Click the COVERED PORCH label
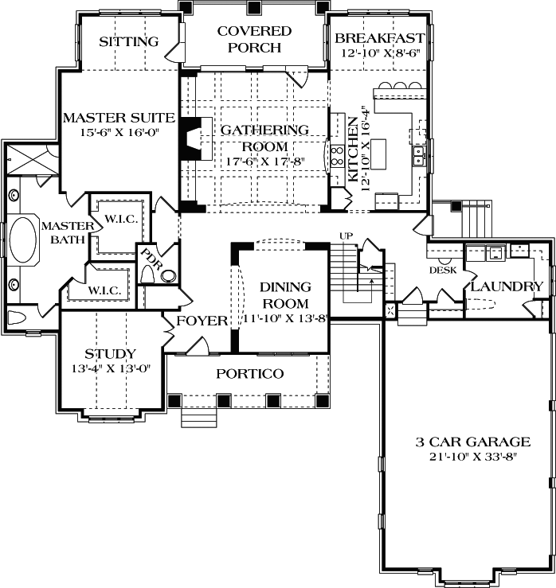point(254,39)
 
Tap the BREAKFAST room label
point(379,38)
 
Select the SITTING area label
point(129,41)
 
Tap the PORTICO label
point(250,374)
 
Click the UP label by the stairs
point(346,236)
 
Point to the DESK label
point(442,270)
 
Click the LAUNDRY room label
point(507,286)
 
